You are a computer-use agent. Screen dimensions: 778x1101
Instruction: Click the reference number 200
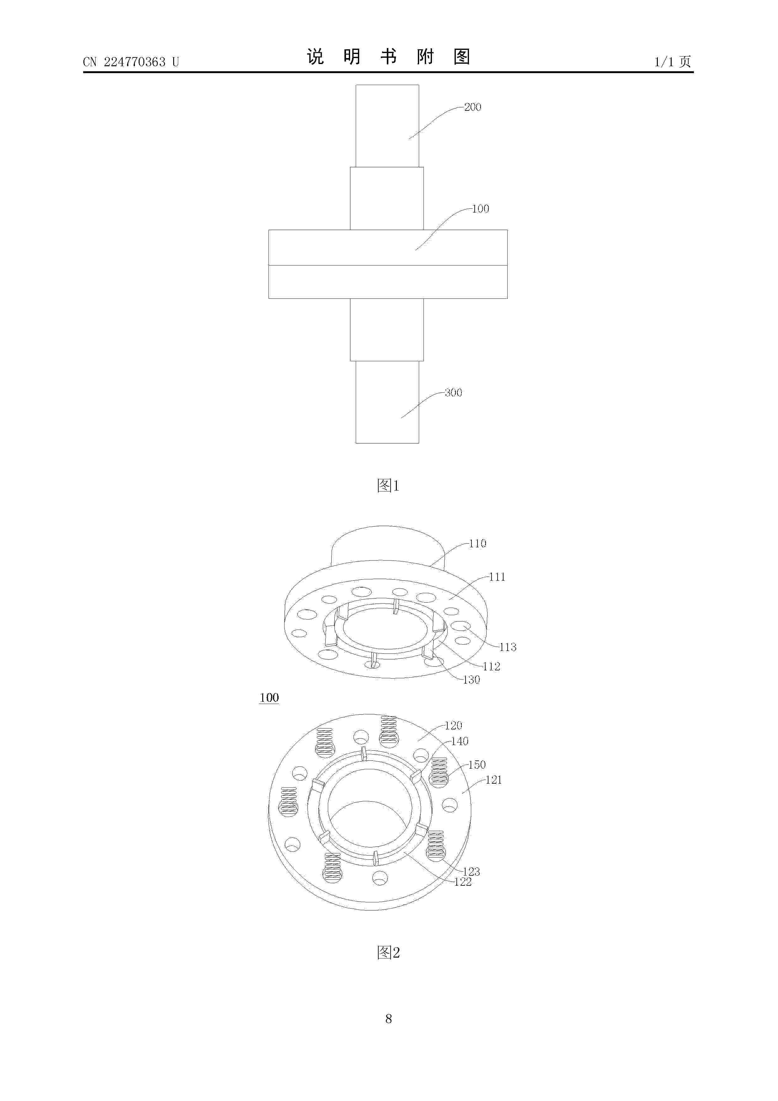click(x=473, y=107)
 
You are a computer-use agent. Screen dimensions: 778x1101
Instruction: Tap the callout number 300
click(x=454, y=393)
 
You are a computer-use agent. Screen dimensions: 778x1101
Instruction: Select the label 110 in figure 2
click(x=478, y=543)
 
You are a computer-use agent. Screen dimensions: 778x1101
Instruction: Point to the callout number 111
click(x=497, y=577)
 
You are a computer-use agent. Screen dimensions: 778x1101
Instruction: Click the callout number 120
click(x=454, y=726)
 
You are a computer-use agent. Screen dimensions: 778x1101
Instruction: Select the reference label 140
click(x=460, y=741)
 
